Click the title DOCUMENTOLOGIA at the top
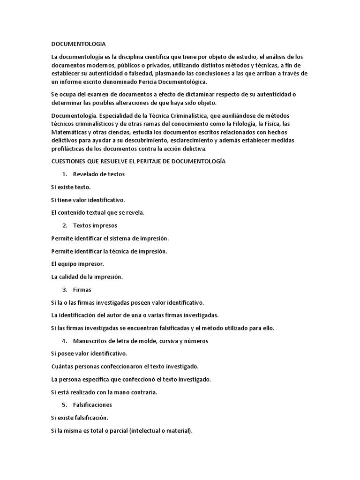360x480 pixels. [x=78, y=45]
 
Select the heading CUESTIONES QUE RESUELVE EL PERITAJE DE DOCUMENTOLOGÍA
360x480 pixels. [x=138, y=161]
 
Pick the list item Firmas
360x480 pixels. [x=82, y=290]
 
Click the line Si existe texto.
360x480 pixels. [x=71, y=187]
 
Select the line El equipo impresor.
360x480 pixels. [x=77, y=264]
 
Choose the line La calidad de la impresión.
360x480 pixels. [x=87, y=277]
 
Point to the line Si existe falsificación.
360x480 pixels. [x=80, y=417]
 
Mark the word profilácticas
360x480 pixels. [x=68, y=148]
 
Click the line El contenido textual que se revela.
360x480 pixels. [x=97, y=212]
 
